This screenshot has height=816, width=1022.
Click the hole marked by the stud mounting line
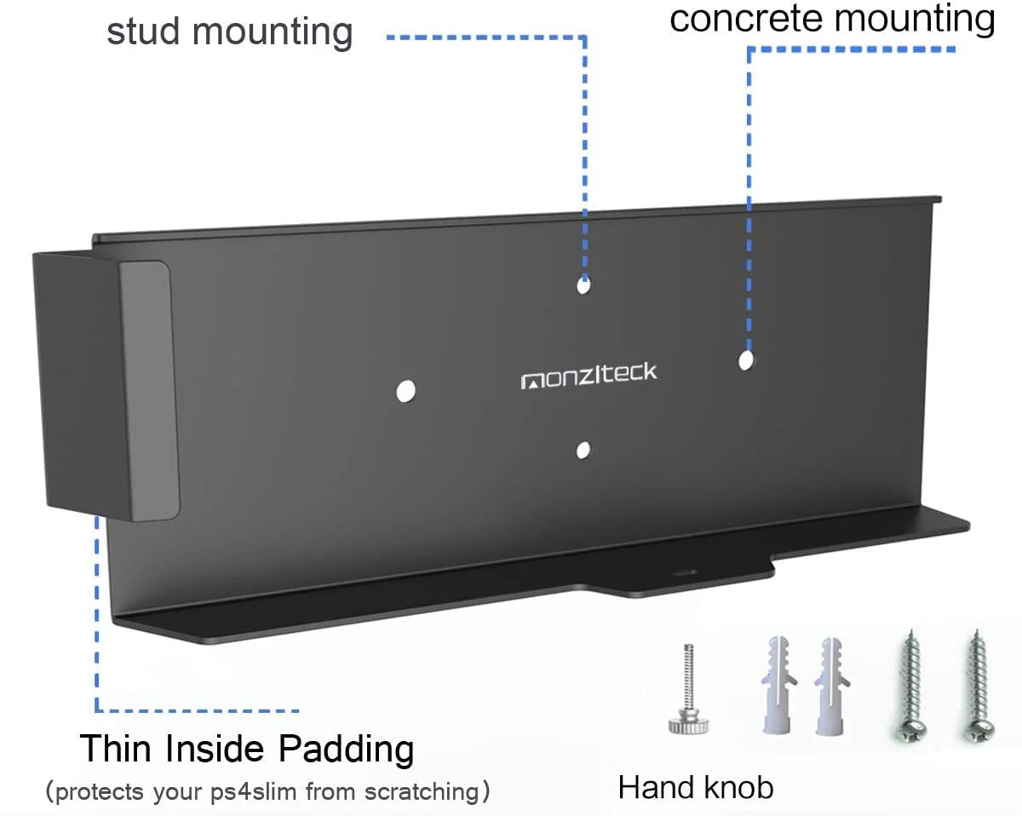[x=583, y=285]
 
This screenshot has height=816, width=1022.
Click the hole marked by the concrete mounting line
[x=746, y=360]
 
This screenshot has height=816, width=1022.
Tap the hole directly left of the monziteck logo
[x=405, y=391]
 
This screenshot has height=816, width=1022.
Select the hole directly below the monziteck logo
[x=583, y=451]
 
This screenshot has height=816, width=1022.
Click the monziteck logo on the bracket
[x=589, y=376]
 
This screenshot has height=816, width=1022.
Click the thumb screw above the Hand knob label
[x=689, y=689]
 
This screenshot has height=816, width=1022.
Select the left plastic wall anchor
[x=778, y=685]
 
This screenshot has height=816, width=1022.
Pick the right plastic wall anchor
[x=831, y=686]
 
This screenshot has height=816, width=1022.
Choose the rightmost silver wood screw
[x=978, y=687]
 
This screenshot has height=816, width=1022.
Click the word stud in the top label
[x=143, y=32]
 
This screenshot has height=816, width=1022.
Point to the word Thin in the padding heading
[x=116, y=749]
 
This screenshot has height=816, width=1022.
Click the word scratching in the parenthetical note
[x=422, y=792]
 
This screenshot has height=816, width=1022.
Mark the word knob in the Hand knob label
[x=739, y=788]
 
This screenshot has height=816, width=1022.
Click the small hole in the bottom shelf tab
[x=684, y=572]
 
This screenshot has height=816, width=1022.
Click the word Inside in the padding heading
[x=215, y=749]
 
